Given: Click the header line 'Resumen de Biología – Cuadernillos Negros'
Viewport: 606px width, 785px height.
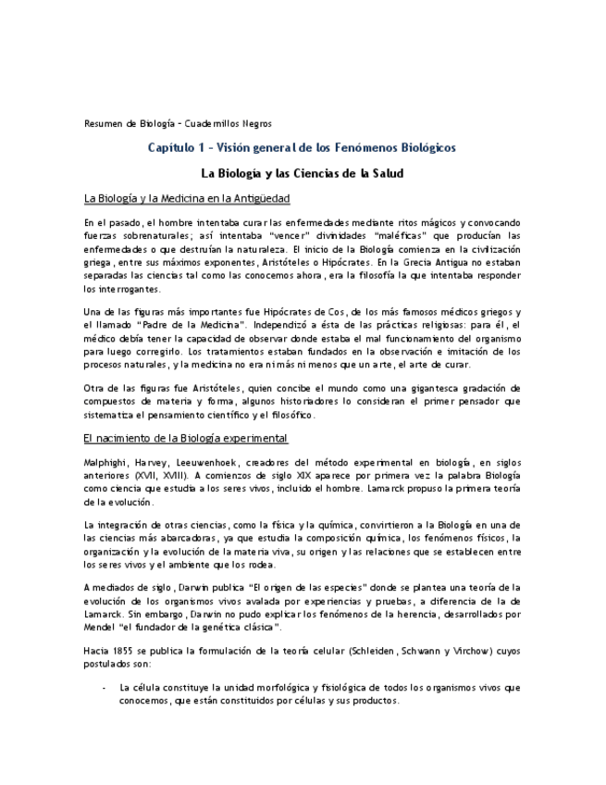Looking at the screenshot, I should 178,123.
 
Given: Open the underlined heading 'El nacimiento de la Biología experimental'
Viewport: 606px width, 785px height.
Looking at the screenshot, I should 186,438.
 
